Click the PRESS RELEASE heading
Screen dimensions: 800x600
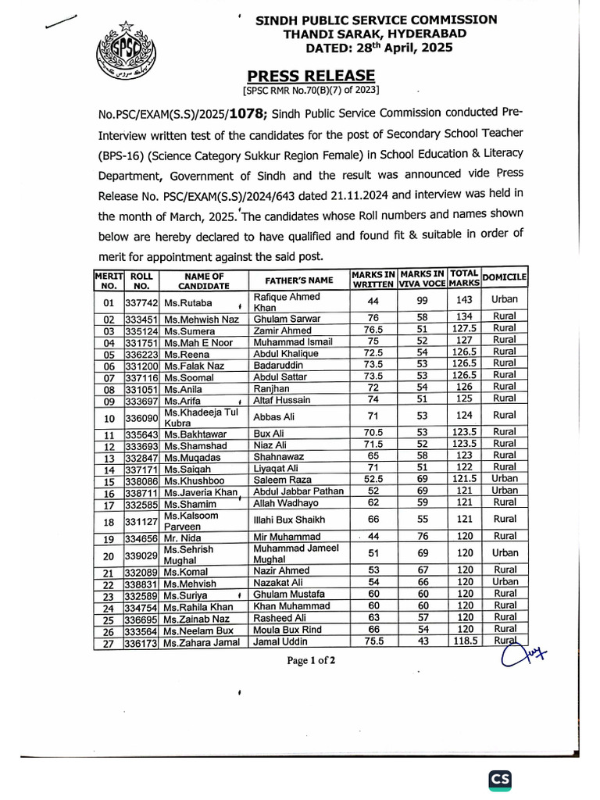tap(311, 76)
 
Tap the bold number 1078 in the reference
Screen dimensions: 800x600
tap(249, 114)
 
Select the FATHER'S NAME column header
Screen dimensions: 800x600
tap(298, 280)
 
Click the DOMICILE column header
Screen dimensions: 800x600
tap(505, 277)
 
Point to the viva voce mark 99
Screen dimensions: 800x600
tap(422, 300)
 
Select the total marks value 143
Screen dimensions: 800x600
tap(464, 300)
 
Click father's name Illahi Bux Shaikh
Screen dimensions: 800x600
tap(288, 520)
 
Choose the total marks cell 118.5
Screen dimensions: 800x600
tap(465, 641)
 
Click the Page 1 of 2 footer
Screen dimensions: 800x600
tap(311, 660)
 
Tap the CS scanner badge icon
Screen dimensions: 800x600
tap(500, 779)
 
